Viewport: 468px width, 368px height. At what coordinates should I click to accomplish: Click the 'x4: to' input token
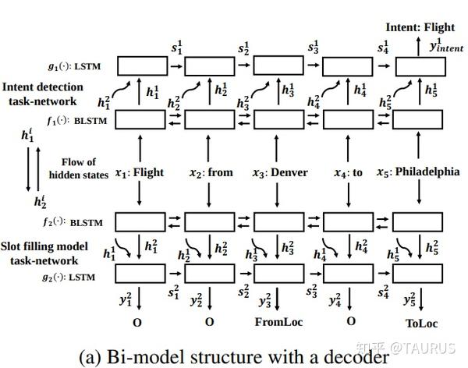tap(348, 172)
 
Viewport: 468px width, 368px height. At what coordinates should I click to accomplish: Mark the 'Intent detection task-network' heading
tap(49, 94)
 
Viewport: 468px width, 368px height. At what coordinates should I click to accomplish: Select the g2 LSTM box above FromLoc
tap(278, 274)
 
